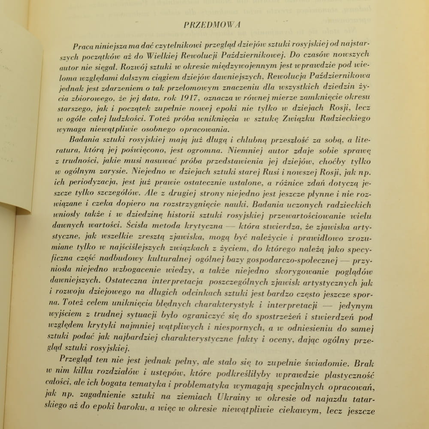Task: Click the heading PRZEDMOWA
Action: point(211,24)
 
